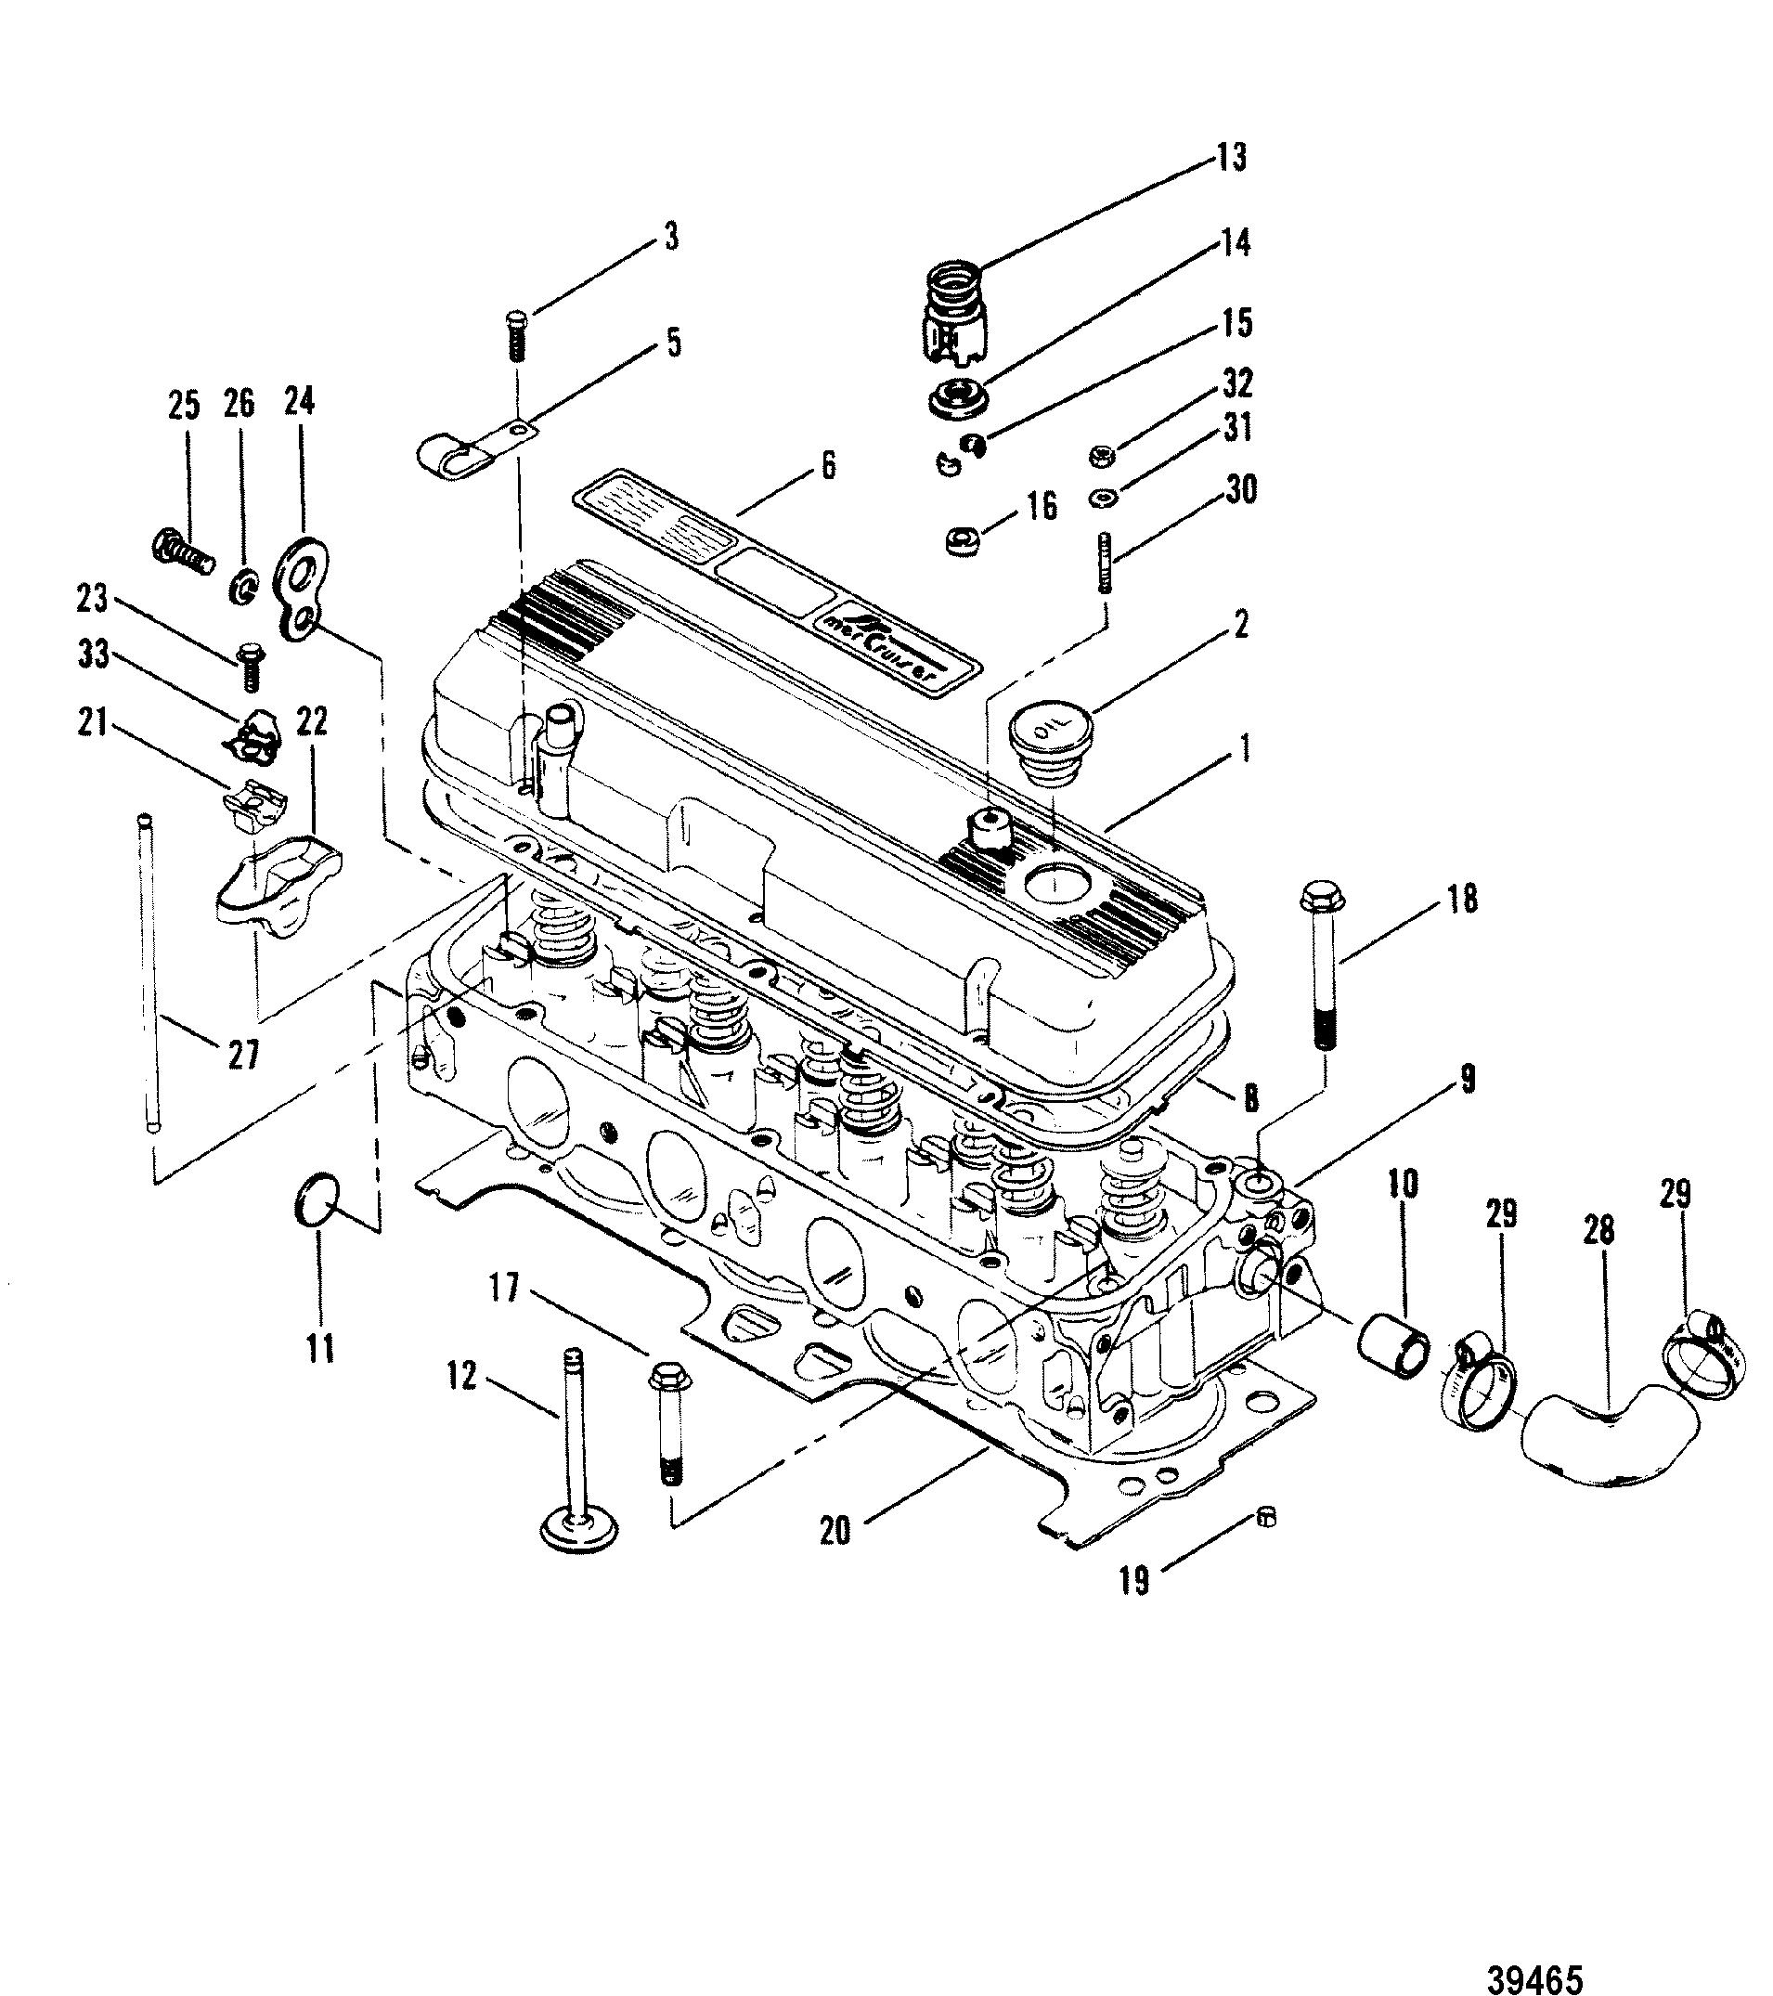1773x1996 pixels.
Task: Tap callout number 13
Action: pyautogui.click(x=1232, y=157)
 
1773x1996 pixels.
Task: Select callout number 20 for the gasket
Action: pyautogui.click(x=835, y=1531)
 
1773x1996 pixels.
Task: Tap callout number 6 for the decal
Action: pyautogui.click(x=828, y=466)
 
